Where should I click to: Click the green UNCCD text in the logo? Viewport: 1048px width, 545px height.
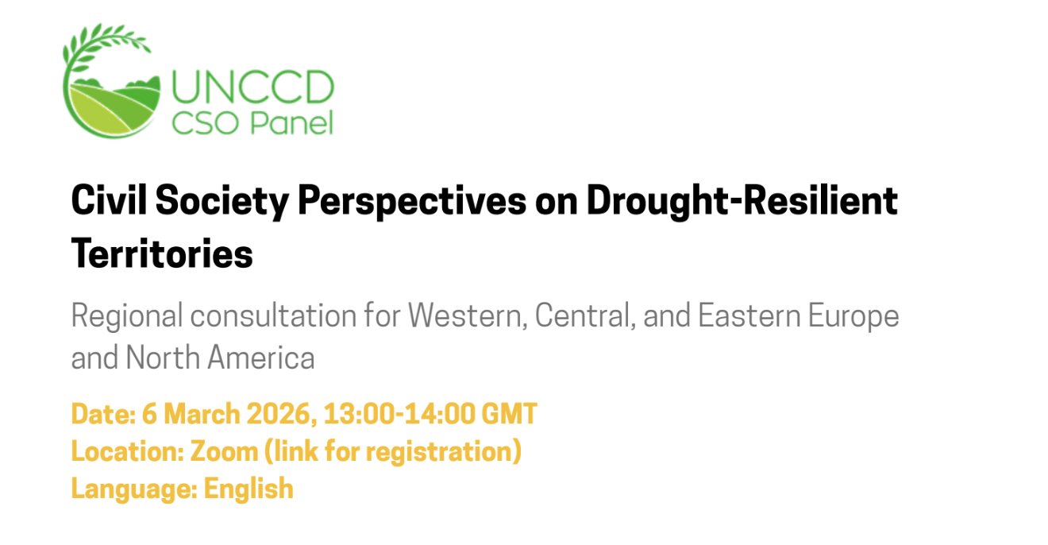[x=252, y=87]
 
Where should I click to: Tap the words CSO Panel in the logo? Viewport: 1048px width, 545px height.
[x=252, y=123]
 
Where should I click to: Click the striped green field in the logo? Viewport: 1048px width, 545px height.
[x=111, y=111]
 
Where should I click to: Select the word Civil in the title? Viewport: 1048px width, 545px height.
[x=109, y=202]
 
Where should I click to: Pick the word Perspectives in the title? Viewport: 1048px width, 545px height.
[x=411, y=202]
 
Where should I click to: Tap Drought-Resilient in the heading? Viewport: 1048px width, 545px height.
[x=742, y=202]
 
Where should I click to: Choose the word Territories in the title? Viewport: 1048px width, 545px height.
[x=162, y=254]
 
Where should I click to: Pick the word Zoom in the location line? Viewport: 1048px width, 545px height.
[x=223, y=451]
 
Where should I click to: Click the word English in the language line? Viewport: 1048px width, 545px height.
[x=249, y=488]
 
